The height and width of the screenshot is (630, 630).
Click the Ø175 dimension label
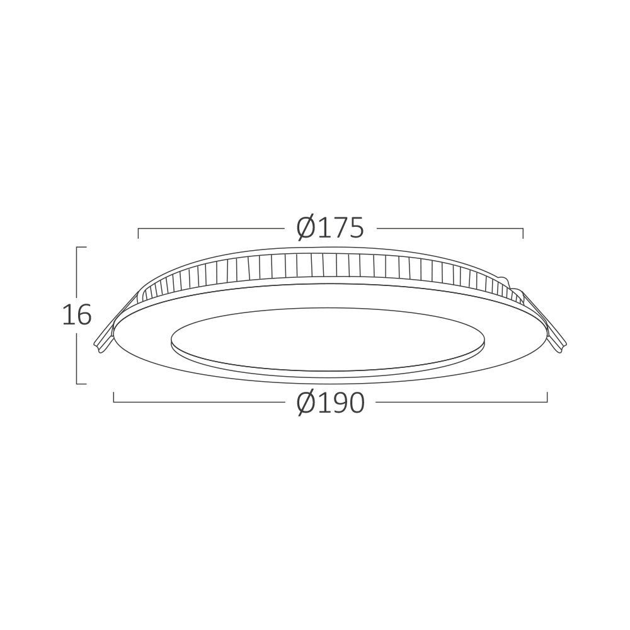click(x=330, y=228)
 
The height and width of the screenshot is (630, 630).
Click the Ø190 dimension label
click(x=331, y=403)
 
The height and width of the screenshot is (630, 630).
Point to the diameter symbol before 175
click(x=307, y=228)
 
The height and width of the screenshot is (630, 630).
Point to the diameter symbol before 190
click(x=307, y=403)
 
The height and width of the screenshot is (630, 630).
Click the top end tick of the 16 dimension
click(x=81, y=247)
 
